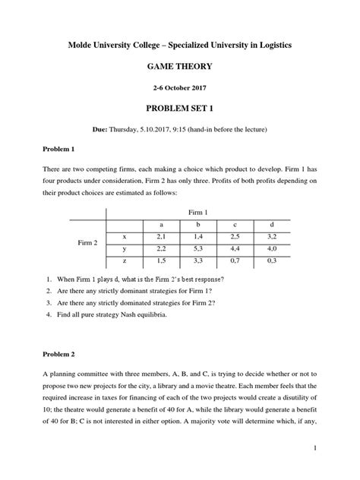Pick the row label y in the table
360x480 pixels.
click(124, 248)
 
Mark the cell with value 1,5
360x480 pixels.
click(160, 261)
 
